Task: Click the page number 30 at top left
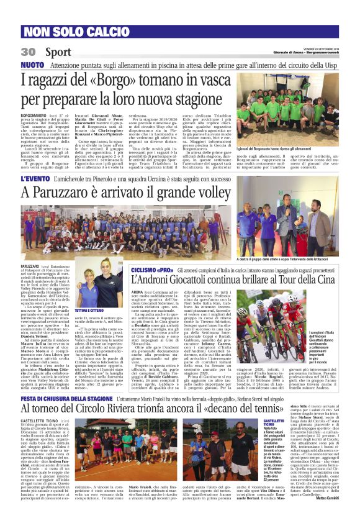point(28,52)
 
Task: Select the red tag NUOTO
point(33,64)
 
